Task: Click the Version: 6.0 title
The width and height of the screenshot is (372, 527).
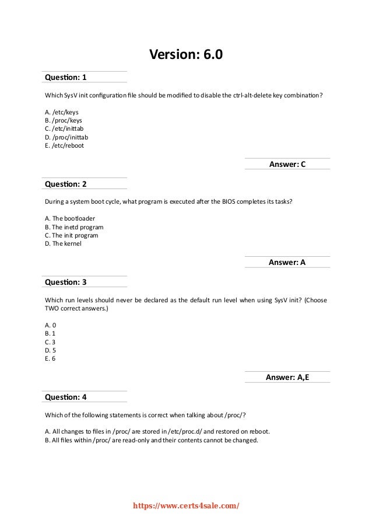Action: tap(186, 55)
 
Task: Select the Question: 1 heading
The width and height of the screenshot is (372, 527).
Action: tap(65, 77)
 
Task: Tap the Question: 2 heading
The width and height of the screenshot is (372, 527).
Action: tap(65, 184)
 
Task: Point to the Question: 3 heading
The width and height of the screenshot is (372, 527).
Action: tap(65, 282)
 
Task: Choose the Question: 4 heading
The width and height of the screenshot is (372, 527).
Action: tap(65, 397)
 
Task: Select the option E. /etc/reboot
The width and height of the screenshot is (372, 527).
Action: tap(64, 145)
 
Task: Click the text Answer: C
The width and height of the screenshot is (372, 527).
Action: tap(287, 165)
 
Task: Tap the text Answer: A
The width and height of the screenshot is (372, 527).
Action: tap(287, 263)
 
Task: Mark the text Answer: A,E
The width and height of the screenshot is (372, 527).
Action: tap(287, 377)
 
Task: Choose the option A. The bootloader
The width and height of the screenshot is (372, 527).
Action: tap(69, 218)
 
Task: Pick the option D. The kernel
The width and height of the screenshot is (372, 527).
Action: tap(63, 243)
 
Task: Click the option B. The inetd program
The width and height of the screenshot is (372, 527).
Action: tap(74, 226)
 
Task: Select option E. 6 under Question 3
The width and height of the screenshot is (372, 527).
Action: tap(50, 358)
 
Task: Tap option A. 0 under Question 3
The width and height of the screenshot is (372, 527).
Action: tap(50, 324)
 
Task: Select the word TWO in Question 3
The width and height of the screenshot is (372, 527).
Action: tap(54, 308)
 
